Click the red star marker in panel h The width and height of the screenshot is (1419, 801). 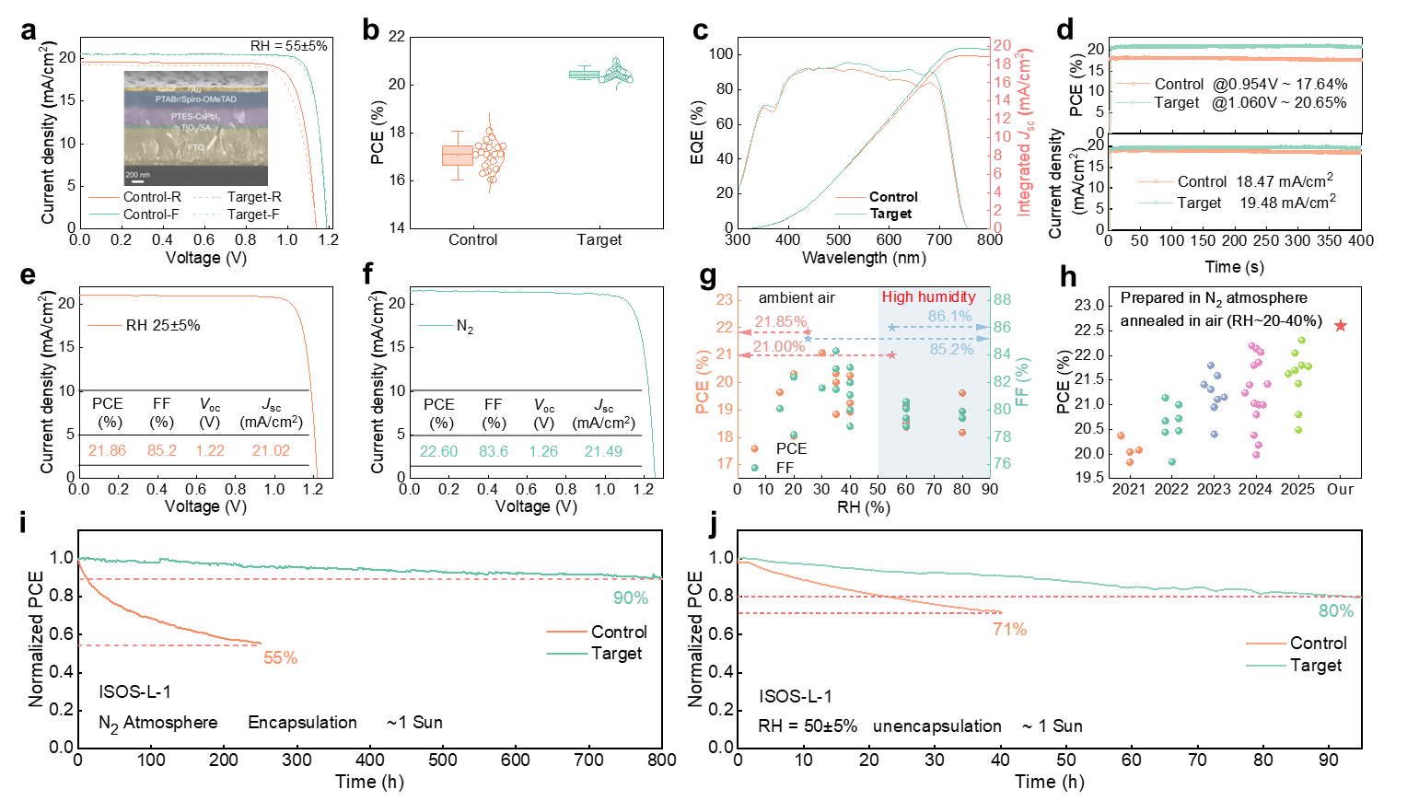click(x=1341, y=326)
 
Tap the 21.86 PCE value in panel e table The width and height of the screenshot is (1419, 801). click(x=107, y=450)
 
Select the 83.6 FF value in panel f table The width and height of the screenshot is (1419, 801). click(x=494, y=451)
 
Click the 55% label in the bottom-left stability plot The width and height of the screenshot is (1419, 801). click(x=281, y=658)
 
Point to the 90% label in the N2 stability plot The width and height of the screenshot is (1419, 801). click(x=631, y=598)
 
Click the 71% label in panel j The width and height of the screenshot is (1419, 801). click(x=1009, y=630)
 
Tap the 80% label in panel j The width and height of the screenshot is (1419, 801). click(x=1336, y=611)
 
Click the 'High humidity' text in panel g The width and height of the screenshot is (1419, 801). click(x=928, y=297)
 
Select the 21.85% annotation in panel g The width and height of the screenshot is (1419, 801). click(x=781, y=322)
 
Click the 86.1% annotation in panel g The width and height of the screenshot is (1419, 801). click(x=949, y=317)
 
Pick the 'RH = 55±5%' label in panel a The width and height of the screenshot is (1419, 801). click(x=288, y=46)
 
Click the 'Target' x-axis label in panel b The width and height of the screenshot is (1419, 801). click(x=599, y=240)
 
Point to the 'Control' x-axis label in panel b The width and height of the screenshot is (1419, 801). click(x=472, y=240)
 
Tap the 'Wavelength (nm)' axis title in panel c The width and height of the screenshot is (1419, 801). click(x=864, y=258)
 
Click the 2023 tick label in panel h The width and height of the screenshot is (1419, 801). click(x=1214, y=489)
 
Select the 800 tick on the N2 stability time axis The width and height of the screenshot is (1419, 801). click(x=662, y=760)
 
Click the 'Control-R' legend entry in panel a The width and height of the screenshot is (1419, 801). click(x=152, y=197)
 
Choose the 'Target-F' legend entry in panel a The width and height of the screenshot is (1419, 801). click(x=253, y=215)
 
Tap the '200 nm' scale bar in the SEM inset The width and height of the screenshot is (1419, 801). click(x=138, y=175)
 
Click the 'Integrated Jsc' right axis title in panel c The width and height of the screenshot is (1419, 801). click(x=1024, y=133)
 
